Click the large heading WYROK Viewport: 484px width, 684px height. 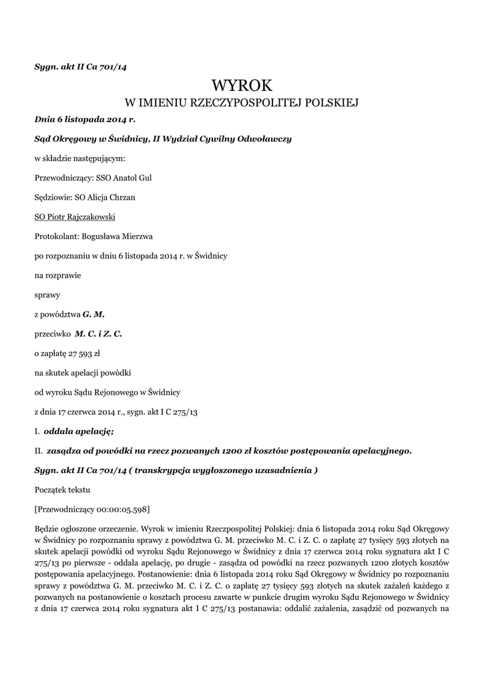(242, 85)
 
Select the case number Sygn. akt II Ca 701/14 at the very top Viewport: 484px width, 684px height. (79, 67)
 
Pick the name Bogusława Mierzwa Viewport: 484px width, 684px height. (127, 236)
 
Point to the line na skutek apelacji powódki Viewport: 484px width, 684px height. (82, 371)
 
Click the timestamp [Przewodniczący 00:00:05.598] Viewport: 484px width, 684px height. (92, 509)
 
